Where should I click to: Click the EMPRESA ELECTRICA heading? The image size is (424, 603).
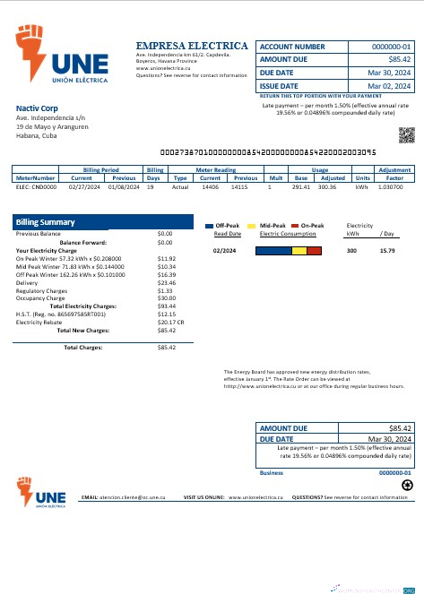192,45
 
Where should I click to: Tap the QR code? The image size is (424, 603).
406,135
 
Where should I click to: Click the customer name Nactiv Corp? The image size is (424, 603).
37,108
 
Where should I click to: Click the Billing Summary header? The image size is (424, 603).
45,222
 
